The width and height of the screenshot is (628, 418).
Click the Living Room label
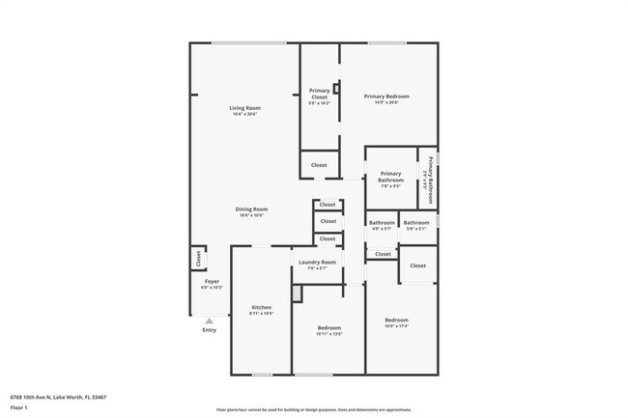coord(244,108)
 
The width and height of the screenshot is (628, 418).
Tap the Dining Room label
coord(251,209)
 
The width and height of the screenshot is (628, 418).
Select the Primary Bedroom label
coord(386,97)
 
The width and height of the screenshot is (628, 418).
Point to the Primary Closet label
coord(319,94)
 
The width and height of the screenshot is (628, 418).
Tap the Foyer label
coord(212,282)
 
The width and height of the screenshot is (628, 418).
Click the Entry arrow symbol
coord(209,320)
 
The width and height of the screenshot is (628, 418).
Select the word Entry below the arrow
coord(209,330)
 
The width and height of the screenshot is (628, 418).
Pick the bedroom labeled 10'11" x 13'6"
coord(328,328)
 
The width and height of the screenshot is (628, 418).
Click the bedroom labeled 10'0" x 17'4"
coord(397,320)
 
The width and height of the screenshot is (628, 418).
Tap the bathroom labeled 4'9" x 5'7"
coord(382,224)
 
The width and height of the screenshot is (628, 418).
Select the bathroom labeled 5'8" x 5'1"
coord(416,224)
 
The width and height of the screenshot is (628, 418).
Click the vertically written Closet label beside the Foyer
coord(198,259)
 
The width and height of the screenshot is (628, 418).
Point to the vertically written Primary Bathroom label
coord(430,176)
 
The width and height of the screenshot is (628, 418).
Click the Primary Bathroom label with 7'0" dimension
coord(390,178)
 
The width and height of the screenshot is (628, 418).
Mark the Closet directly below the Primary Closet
coord(319,165)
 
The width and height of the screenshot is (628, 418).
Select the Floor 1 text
coord(18,408)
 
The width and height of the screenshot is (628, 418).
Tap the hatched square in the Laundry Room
coord(299,292)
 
